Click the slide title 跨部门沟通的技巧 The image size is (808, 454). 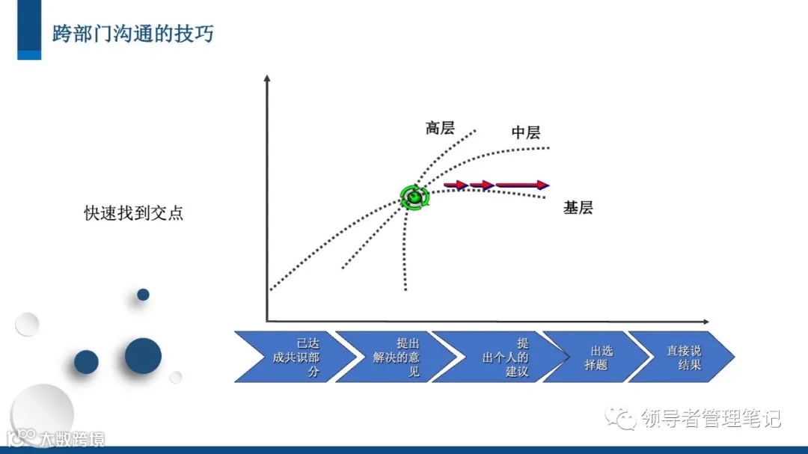click(132, 34)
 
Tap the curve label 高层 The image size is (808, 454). click(440, 128)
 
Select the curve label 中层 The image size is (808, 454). click(526, 132)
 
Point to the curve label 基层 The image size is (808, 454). click(578, 208)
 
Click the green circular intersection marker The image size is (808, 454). click(413, 197)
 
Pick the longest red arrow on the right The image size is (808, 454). click(522, 185)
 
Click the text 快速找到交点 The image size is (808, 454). click(133, 212)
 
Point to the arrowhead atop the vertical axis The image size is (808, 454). click(266, 77)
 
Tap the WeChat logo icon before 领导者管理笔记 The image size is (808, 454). click(622, 418)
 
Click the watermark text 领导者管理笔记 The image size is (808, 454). click(711, 419)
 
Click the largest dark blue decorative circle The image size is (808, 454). click(143, 355)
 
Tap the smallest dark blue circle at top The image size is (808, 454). click(143, 295)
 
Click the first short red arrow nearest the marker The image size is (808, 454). click(456, 185)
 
